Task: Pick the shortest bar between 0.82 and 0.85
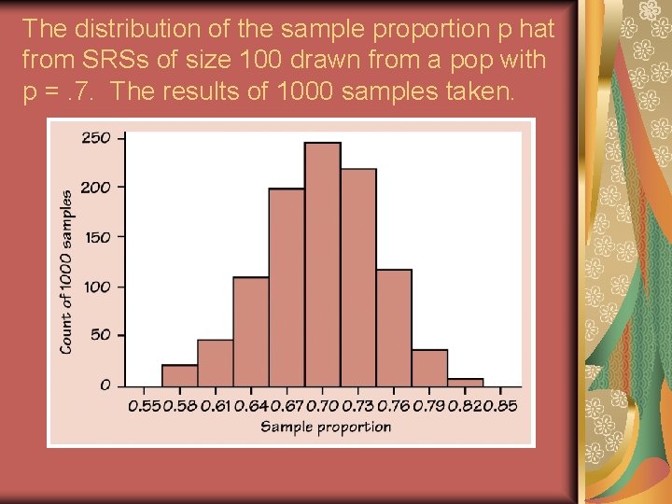465,382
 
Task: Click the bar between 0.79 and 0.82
429,368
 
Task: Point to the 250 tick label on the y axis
96,138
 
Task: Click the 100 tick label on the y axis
97,287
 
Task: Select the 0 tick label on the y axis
105,385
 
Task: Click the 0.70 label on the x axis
322,406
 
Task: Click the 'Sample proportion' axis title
325,427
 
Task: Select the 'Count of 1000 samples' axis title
67,272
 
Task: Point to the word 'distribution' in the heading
132,29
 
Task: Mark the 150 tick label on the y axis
97,237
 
